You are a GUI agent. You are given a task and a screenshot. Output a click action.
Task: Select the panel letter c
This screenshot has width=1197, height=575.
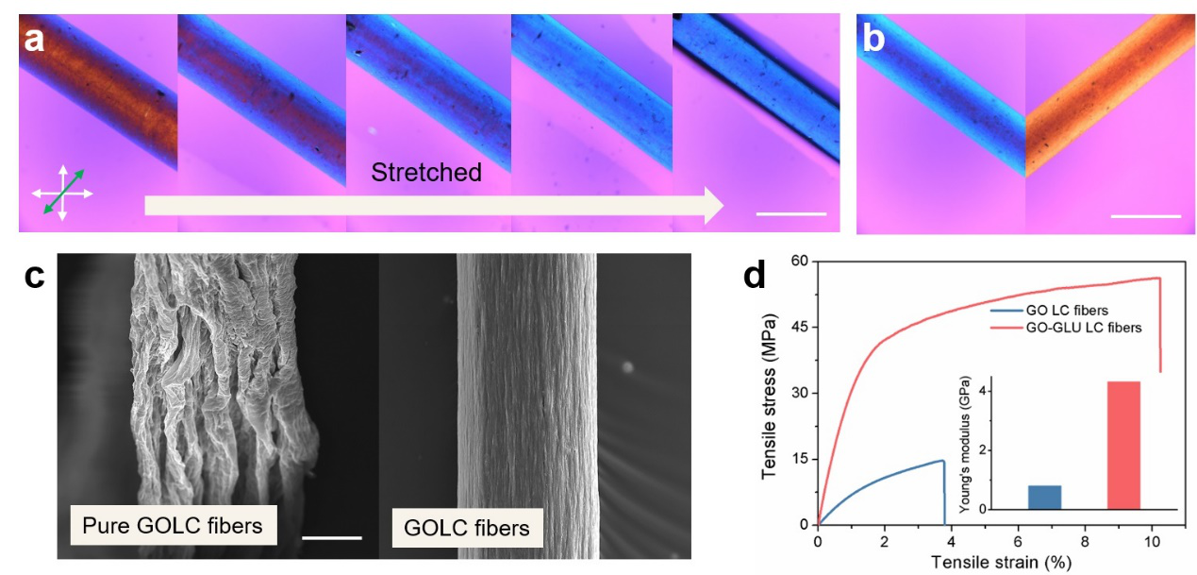pyautogui.click(x=34, y=278)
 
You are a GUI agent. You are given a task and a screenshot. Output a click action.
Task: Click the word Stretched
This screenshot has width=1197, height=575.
pyautogui.click(x=425, y=173)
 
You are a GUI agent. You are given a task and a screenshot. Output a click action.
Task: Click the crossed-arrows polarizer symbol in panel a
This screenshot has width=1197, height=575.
pyautogui.click(x=62, y=192)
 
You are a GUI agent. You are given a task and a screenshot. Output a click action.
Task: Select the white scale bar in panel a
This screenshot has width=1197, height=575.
pyautogui.click(x=790, y=213)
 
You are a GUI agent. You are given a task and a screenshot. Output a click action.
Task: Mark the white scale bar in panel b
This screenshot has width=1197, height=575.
pyautogui.click(x=1145, y=216)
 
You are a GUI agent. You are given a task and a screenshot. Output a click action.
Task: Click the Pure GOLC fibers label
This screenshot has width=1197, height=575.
pyautogui.click(x=172, y=525)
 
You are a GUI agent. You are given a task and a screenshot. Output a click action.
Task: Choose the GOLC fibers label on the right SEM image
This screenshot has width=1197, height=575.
pyautogui.click(x=466, y=527)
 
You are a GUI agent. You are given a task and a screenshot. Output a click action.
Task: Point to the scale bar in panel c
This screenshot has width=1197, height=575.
pyautogui.click(x=331, y=538)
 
